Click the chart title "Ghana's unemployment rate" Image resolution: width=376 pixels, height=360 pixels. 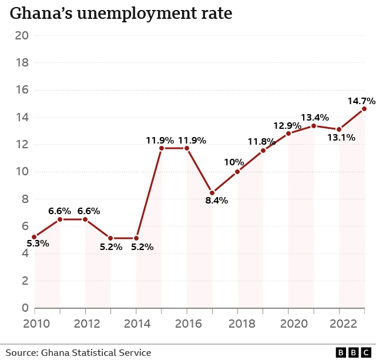click(120, 14)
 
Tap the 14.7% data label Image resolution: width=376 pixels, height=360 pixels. click(361, 101)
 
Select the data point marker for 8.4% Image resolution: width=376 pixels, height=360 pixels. click(212, 193)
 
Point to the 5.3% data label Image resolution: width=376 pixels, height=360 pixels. click(38, 243)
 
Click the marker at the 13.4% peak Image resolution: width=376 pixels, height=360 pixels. click(314, 126)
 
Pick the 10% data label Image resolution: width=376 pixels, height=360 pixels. click(234, 162)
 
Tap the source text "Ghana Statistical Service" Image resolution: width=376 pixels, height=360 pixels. click(96, 352)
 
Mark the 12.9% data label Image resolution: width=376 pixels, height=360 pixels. click(287, 125)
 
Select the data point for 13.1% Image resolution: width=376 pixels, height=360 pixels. click(339, 129)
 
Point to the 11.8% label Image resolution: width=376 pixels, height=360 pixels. click(261, 142)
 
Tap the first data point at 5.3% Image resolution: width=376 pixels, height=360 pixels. click(34, 237)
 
